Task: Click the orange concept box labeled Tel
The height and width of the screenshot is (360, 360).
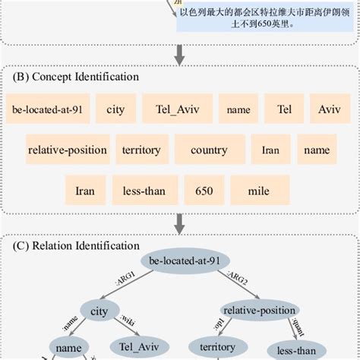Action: [x=284, y=109]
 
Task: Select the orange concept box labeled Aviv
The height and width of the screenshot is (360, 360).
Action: [x=329, y=109]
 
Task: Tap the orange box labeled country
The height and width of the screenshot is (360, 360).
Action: [x=209, y=150]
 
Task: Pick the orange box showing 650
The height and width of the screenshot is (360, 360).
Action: [x=204, y=191]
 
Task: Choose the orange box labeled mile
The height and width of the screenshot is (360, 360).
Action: [x=260, y=191]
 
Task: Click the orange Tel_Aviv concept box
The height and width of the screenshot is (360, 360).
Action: [x=176, y=109]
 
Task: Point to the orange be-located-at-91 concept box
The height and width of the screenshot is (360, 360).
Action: [x=47, y=109]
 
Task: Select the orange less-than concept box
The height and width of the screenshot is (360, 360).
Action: [x=144, y=191]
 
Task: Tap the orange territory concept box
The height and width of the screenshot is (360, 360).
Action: [x=141, y=150]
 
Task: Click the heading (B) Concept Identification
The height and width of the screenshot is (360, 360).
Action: [x=76, y=77]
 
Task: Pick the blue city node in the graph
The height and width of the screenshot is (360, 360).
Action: [x=99, y=311]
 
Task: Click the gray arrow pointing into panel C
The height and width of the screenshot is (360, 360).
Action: [x=180, y=223]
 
